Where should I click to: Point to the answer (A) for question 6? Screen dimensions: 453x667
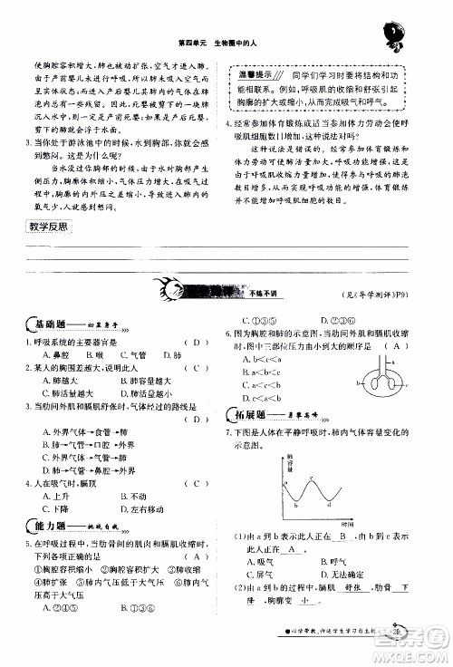[395, 347]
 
